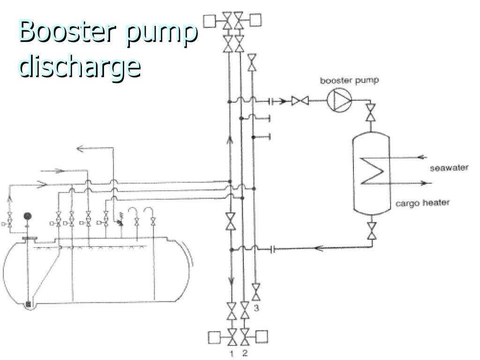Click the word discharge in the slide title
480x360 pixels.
click(80, 67)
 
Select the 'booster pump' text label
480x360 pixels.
click(349, 81)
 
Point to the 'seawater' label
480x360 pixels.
click(449, 168)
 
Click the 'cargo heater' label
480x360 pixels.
click(422, 203)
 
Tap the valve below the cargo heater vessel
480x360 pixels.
click(371, 230)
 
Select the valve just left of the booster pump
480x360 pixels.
click(299, 100)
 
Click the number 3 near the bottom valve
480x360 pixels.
click(256, 308)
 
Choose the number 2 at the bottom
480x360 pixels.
click(245, 351)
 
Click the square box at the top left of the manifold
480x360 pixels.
click(209, 21)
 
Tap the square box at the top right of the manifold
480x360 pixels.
click(256, 20)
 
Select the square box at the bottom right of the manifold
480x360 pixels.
click(262, 337)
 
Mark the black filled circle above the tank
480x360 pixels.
click(28, 216)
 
